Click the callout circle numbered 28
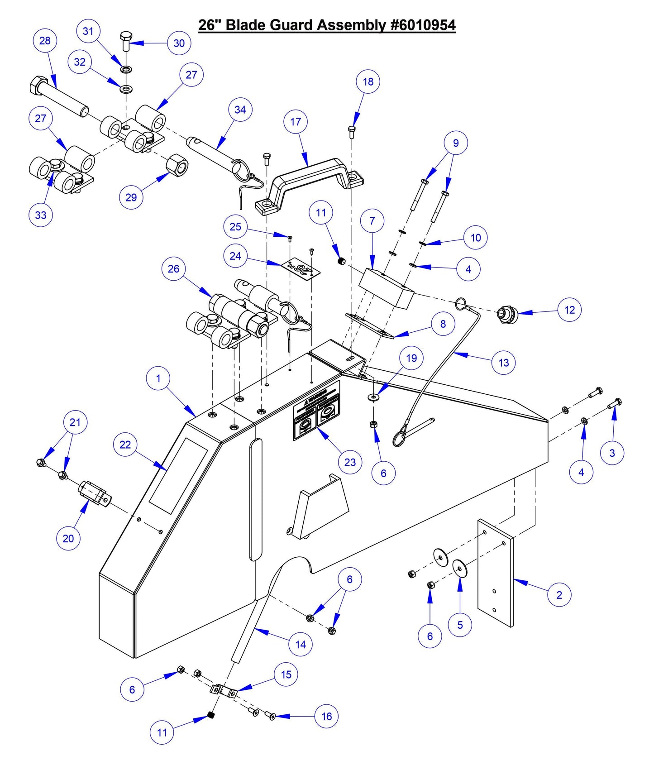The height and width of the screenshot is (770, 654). click(45, 41)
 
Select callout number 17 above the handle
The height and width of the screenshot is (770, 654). click(296, 122)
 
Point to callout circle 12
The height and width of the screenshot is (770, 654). click(569, 310)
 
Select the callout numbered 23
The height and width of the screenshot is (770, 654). click(350, 462)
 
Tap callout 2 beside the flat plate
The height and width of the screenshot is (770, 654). click(559, 595)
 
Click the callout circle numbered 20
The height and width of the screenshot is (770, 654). click(68, 538)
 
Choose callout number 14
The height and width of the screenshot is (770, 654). click(301, 644)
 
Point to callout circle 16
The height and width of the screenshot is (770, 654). click(326, 716)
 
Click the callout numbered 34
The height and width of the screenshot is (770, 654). click(240, 110)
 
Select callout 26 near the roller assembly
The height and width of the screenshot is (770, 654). click(173, 269)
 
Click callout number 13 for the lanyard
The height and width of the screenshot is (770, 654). click(503, 363)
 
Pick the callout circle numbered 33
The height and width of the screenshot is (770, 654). click(41, 215)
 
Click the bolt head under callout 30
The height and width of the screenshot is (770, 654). click(125, 36)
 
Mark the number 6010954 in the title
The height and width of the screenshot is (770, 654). click(424, 25)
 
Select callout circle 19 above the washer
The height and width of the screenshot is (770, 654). click(411, 358)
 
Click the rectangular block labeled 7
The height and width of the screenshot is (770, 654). click(386, 287)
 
